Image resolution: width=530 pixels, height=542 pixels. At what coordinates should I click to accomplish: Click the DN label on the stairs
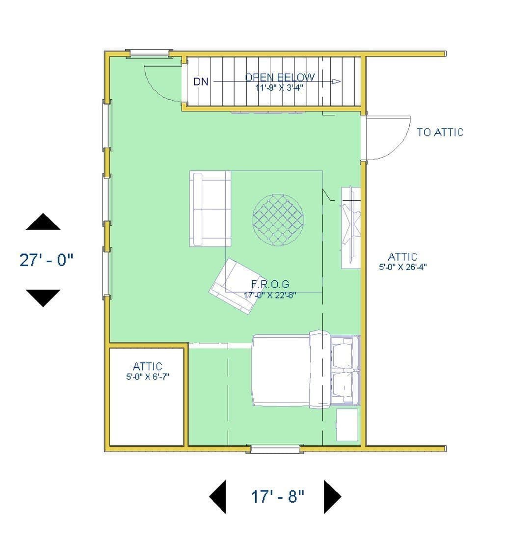[201, 82]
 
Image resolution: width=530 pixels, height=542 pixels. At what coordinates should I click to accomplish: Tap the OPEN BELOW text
[280, 77]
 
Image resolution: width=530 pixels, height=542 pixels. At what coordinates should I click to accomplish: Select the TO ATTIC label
[440, 133]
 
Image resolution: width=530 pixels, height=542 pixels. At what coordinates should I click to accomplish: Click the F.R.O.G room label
[270, 284]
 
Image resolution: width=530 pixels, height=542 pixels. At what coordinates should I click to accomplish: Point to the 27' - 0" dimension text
[47, 260]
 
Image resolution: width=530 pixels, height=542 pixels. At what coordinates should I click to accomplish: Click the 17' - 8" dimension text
[277, 497]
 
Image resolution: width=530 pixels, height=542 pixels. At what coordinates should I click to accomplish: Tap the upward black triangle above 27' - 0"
[43, 221]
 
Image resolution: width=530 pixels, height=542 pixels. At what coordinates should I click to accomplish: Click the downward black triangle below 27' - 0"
[43, 298]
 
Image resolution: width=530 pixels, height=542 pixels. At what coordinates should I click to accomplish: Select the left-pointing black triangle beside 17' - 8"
[218, 497]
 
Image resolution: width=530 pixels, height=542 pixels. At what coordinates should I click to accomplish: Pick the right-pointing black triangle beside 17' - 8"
[332, 497]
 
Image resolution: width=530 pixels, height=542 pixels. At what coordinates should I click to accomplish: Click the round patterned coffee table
[278, 220]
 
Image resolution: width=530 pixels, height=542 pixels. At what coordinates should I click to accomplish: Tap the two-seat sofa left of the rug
[210, 209]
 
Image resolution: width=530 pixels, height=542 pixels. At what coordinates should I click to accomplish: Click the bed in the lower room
[306, 370]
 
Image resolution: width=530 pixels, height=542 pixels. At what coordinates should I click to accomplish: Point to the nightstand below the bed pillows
[347, 425]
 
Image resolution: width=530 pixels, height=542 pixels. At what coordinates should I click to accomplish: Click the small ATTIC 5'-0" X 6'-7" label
[148, 371]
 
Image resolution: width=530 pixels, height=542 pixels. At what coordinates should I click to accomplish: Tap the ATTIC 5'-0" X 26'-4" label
[403, 262]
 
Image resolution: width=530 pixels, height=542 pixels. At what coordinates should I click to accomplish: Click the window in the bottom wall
[275, 449]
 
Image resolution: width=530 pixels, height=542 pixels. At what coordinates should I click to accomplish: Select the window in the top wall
[149, 53]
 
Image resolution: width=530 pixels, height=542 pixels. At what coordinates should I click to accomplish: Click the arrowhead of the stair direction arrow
[336, 81]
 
